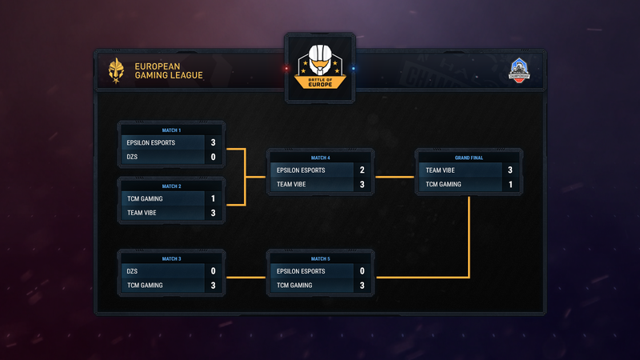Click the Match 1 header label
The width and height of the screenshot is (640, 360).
(171, 130)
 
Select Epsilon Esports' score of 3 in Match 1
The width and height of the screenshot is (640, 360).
(214, 142)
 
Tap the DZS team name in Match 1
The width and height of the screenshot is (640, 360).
(134, 158)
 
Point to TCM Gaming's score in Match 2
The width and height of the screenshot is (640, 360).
(214, 198)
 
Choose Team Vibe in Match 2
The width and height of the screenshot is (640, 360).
(142, 214)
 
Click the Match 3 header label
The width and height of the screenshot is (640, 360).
(171, 258)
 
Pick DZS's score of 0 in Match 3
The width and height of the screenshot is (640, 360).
(214, 270)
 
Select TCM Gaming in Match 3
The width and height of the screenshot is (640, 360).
(145, 286)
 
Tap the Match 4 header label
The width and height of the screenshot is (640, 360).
(320, 158)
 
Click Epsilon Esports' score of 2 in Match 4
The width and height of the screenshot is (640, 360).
(362, 170)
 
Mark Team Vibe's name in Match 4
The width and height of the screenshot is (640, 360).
(292, 185)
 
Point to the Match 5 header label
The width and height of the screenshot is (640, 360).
(320, 258)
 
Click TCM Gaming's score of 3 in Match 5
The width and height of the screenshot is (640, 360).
(362, 286)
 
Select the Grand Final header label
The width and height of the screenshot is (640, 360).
(469, 158)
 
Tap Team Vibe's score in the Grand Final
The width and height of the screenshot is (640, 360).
(510, 170)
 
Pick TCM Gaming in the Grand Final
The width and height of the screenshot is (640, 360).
(444, 185)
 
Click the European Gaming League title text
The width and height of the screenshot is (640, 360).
(169, 70)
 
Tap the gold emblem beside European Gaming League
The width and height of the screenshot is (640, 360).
(117, 70)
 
